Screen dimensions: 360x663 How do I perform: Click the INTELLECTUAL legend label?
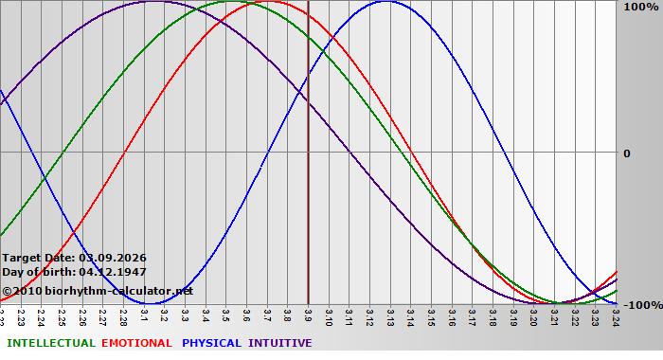pyautogui.click(x=50, y=343)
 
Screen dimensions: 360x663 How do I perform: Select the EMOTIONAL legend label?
pyautogui.click(x=136, y=343)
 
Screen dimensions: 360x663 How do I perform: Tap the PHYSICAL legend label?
pyautogui.click(x=212, y=343)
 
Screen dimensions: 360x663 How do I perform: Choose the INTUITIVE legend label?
pyautogui.click(x=280, y=343)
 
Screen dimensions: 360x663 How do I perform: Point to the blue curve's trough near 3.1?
pyautogui.click(x=154, y=303)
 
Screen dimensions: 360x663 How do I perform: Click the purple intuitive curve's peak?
pyautogui.click(x=154, y=2)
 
